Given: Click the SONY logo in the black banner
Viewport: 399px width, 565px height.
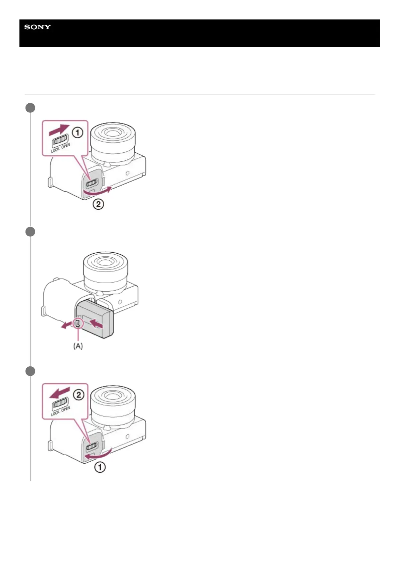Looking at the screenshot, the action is pyautogui.click(x=37, y=27).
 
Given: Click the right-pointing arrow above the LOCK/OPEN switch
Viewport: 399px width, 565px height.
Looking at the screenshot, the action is pyautogui.click(x=59, y=130).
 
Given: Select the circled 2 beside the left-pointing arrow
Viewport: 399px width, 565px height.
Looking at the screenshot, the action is pyautogui.click(x=78, y=395).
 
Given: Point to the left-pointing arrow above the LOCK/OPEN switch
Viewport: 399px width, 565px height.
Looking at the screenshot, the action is pyautogui.click(x=59, y=392).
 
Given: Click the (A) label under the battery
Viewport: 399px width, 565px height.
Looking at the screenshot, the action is pyautogui.click(x=78, y=346).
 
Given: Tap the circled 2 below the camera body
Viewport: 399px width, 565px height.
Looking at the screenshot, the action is pyautogui.click(x=98, y=204).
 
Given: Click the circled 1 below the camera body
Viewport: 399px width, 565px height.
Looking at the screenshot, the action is pyautogui.click(x=100, y=467).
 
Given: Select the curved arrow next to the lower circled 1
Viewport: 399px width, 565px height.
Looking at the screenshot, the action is pyautogui.click(x=97, y=455).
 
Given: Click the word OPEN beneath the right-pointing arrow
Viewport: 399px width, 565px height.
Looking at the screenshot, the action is pyautogui.click(x=66, y=146).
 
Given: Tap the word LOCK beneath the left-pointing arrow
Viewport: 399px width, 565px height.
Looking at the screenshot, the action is pyautogui.click(x=55, y=412).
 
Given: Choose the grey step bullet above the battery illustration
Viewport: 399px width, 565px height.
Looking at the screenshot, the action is pyautogui.click(x=31, y=232).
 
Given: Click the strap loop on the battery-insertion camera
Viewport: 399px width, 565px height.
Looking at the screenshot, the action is pyautogui.click(x=43, y=311).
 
